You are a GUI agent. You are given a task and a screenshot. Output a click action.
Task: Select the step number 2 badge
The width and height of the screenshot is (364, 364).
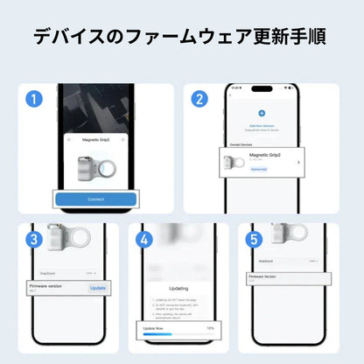(x=199, y=99)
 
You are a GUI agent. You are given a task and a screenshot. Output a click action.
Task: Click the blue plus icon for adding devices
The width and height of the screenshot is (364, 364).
(x=261, y=113)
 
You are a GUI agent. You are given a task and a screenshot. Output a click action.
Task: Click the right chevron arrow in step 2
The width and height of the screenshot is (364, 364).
(x=299, y=162)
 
